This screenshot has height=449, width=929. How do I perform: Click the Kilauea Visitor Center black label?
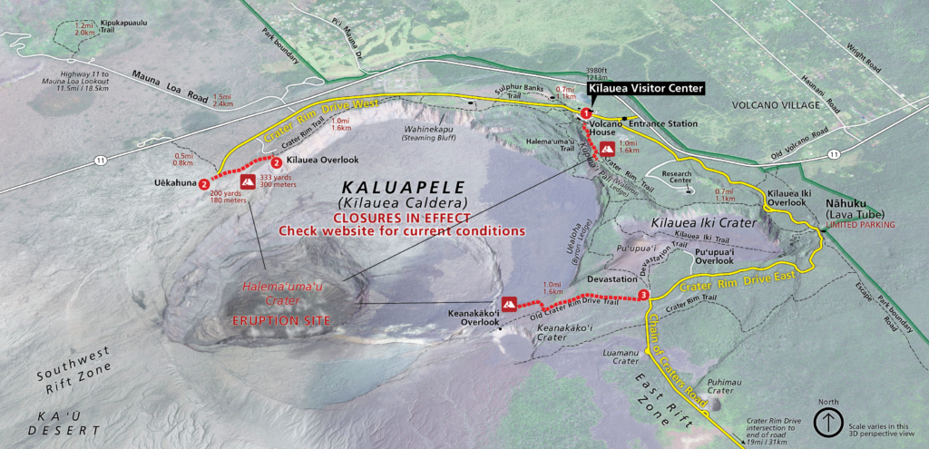[645, 89]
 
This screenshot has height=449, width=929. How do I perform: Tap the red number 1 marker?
[586, 112]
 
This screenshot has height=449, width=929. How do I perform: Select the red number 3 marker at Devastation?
[643, 295]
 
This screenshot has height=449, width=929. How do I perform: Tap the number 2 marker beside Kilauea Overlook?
[276, 163]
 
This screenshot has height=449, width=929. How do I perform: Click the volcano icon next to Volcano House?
[607, 146]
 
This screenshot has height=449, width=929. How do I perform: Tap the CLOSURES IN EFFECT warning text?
[403, 218]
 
